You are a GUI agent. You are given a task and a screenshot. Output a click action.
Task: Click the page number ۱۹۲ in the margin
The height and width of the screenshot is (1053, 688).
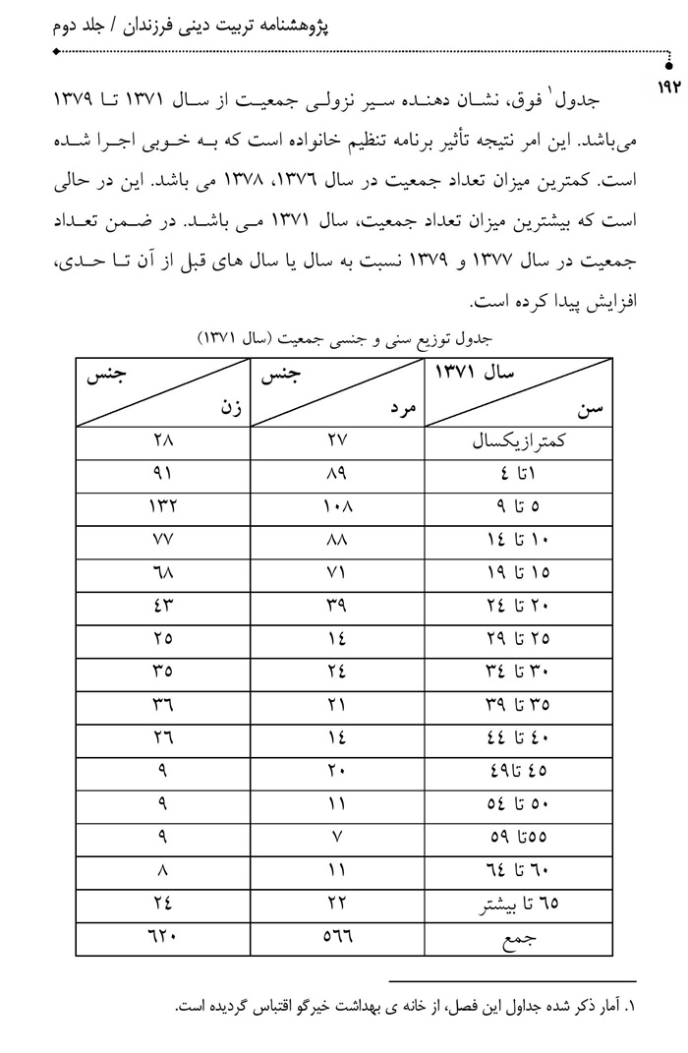(x=665, y=89)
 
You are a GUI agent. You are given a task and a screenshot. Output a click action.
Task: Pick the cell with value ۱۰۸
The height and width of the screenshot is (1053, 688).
(x=338, y=506)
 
